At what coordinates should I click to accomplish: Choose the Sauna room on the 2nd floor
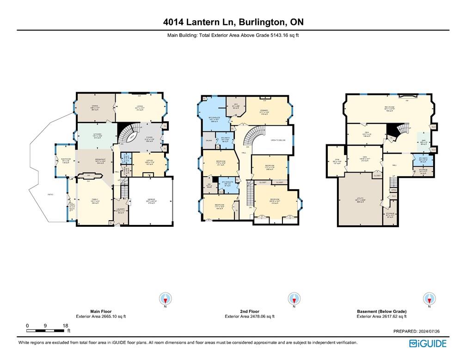click(x=209, y=139)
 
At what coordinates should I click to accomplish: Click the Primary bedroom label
click(x=264, y=111)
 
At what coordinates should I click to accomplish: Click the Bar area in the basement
click(x=423, y=143)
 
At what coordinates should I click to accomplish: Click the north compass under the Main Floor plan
click(x=166, y=298)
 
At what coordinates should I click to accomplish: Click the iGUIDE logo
click(x=428, y=343)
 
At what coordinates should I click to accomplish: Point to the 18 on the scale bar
click(x=65, y=326)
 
